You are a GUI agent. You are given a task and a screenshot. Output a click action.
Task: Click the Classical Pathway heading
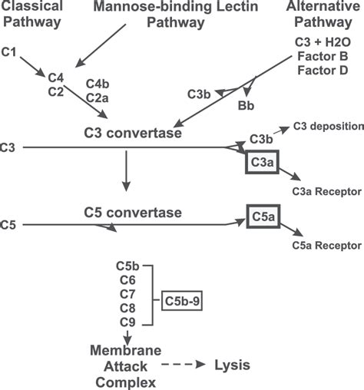pyautogui.click(x=33, y=14)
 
